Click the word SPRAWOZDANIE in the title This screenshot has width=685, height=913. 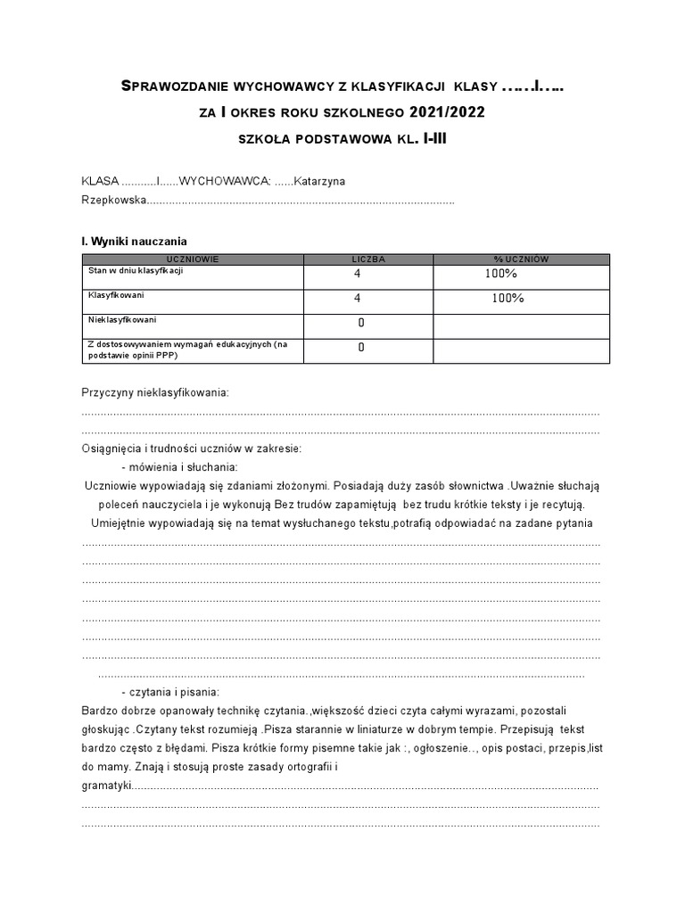click(x=175, y=87)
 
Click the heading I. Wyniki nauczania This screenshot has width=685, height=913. click(x=135, y=241)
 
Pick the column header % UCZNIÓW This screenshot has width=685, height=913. click(x=522, y=259)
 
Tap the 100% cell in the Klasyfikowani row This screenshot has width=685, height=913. click(x=508, y=299)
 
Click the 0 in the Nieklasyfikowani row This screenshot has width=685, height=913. click(x=361, y=323)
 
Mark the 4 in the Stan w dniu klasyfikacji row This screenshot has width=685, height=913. click(x=358, y=275)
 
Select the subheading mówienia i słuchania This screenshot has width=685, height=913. click(x=183, y=466)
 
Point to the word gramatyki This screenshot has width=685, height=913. click(x=106, y=786)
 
